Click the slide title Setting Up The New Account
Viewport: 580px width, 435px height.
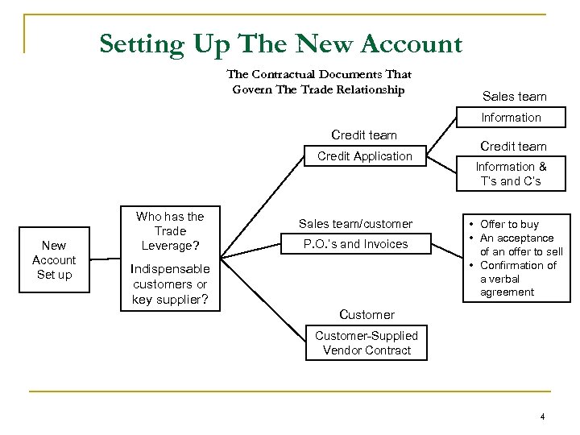(281, 43)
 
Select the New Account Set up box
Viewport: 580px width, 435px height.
(54, 259)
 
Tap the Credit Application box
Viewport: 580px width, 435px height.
(364, 156)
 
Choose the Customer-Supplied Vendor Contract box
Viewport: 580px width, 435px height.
(367, 342)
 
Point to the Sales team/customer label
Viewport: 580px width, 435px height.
(355, 223)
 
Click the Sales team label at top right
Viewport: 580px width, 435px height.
(514, 97)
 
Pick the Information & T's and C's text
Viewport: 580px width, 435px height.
(511, 174)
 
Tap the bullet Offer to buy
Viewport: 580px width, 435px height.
(509, 224)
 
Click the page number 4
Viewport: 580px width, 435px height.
(543, 416)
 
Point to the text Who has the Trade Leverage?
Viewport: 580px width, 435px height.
(169, 230)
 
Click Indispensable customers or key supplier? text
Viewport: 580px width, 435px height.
(170, 284)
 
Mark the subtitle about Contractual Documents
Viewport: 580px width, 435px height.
(319, 82)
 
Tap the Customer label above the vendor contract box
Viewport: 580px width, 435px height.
(367, 314)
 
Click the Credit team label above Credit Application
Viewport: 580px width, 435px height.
(364, 135)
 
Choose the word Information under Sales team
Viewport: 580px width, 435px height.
(511, 118)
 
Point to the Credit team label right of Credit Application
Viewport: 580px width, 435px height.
(513, 146)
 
